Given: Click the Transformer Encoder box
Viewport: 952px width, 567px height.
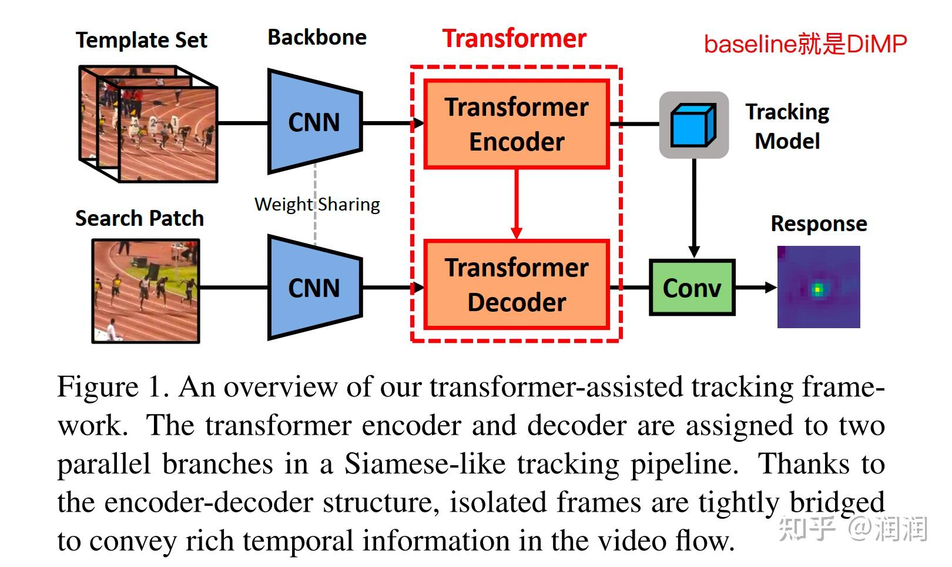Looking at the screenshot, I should (516, 125).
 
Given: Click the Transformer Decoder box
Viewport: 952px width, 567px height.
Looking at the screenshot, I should (516, 285).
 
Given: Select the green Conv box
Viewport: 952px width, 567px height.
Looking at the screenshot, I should (692, 288).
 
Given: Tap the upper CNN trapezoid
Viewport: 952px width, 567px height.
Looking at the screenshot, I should (314, 122).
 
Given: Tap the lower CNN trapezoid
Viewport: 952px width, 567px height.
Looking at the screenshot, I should (314, 288).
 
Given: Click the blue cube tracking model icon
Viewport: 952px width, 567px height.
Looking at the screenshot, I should (693, 125).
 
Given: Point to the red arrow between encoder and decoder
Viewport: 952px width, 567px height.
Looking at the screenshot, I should (516, 204).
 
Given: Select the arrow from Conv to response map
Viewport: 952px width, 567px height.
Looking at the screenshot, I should (755, 288).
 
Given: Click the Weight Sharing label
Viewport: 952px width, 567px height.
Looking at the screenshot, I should (317, 204).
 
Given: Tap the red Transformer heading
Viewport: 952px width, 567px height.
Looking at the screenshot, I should (514, 39).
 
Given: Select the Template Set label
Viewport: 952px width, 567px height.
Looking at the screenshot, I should (141, 40).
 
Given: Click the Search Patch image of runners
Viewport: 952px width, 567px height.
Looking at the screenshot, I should (146, 291).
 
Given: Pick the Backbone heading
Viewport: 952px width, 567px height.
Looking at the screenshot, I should (317, 38).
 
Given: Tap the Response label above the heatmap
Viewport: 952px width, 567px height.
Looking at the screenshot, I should (819, 224).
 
